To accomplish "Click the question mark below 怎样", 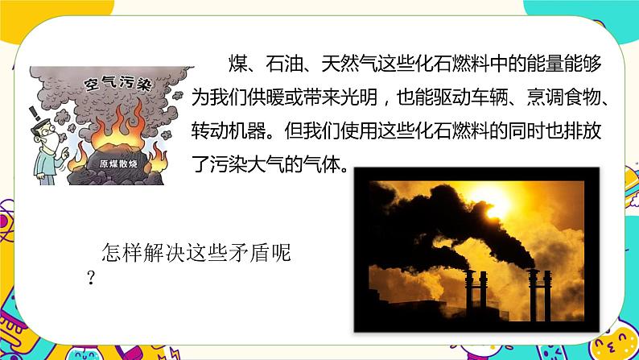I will pos(91,278).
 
